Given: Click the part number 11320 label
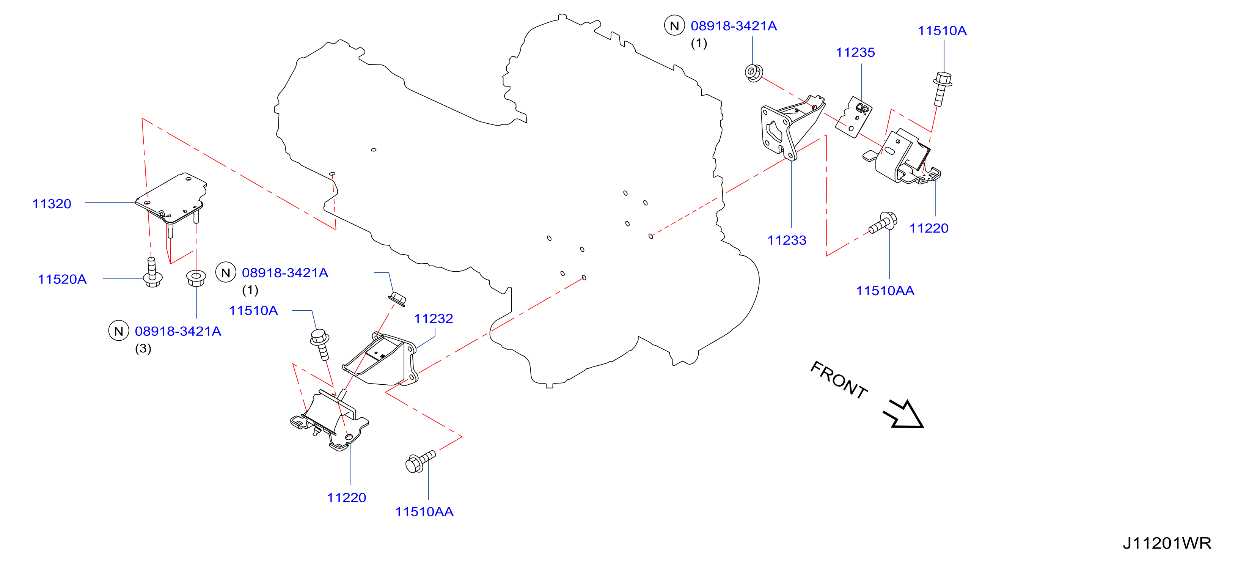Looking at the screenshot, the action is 52,204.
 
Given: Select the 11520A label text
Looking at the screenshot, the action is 62,279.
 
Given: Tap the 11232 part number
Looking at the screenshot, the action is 434,319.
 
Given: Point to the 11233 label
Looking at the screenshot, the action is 787,240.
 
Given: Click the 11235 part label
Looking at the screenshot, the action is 855,52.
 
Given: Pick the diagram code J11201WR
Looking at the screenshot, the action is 1167,543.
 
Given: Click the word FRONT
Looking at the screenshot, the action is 839,380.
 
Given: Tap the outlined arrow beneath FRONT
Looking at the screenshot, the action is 904,415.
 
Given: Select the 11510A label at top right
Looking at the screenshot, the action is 942,31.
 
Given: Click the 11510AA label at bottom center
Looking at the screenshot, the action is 424,512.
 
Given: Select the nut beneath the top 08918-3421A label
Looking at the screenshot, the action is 754,73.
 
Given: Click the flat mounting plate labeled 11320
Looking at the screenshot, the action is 171,201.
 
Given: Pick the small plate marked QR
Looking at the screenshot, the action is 853,117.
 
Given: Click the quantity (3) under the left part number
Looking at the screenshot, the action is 143,349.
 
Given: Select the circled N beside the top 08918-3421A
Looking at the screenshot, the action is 674,26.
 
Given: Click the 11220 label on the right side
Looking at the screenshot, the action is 929,228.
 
